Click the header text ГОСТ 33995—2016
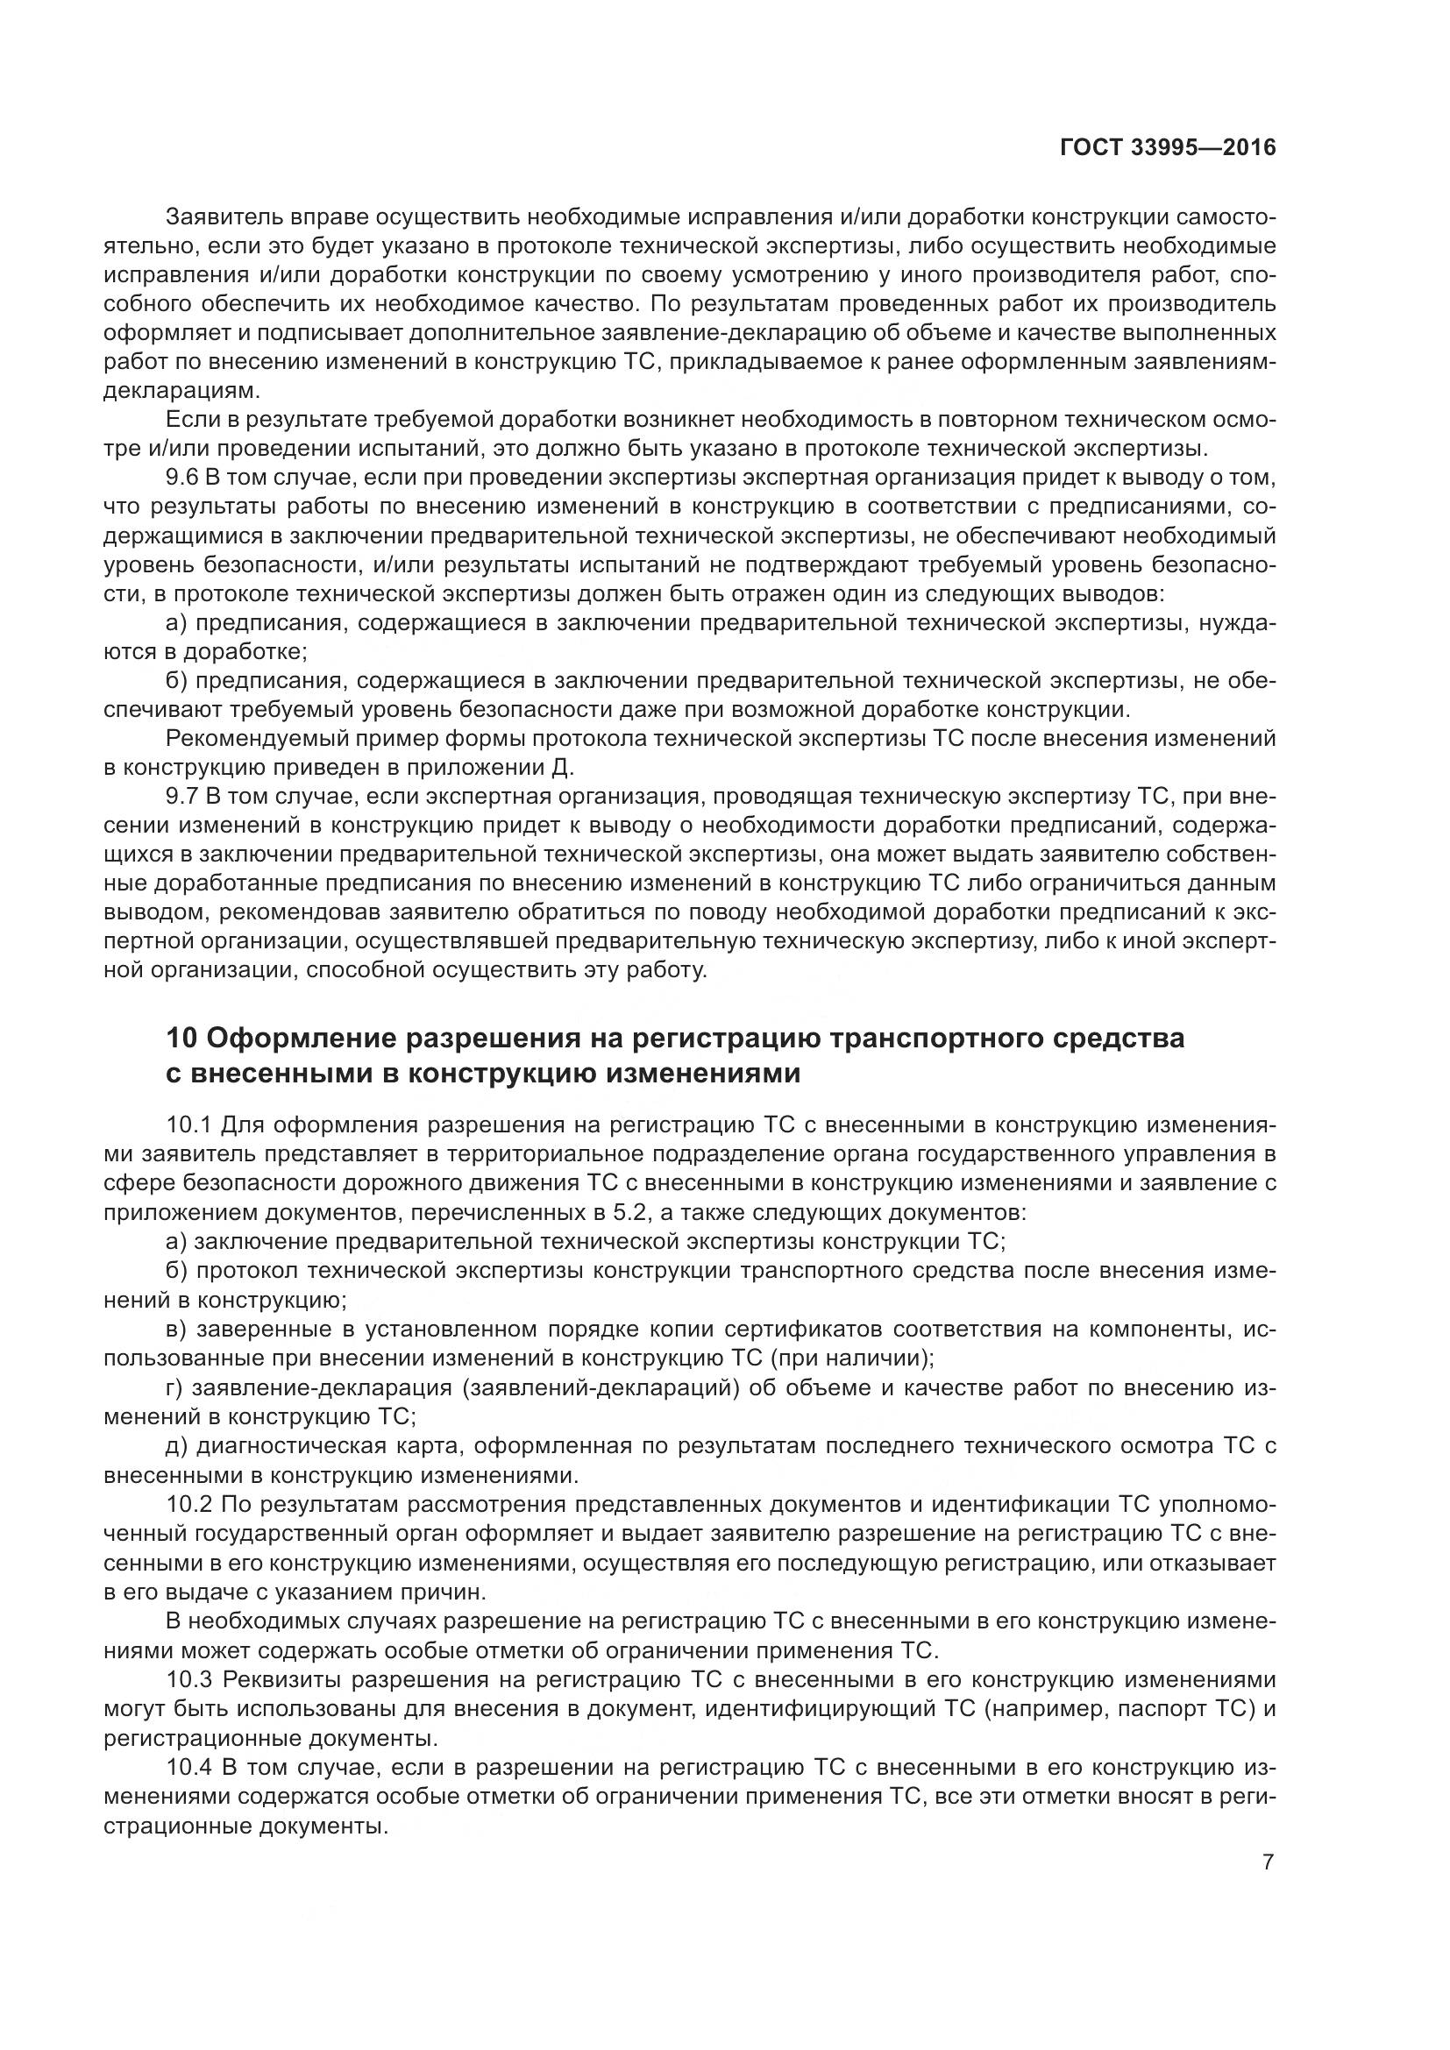click(x=1167, y=148)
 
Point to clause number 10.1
click(x=188, y=1124)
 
